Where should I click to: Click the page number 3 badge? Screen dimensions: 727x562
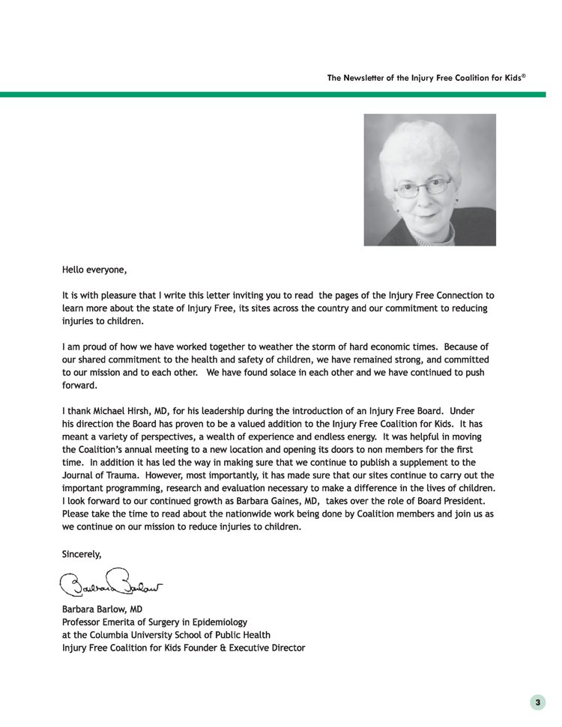[x=537, y=702]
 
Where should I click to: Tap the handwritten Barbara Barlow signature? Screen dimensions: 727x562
[x=112, y=582]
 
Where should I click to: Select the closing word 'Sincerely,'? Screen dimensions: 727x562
[x=81, y=554]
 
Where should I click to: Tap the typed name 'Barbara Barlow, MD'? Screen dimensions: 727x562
[x=102, y=609]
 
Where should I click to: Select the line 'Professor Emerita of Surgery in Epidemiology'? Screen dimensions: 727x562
[x=154, y=622]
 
